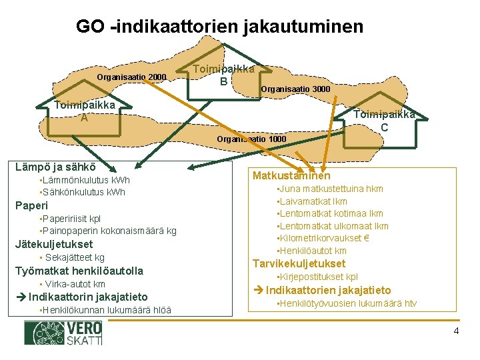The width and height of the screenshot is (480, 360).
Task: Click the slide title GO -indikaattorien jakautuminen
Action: point(219,27)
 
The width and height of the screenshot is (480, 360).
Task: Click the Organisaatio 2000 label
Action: point(131,77)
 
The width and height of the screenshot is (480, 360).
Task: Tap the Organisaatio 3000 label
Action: point(295,89)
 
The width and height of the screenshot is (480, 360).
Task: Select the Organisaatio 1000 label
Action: point(251,139)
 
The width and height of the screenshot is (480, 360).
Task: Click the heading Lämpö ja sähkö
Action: point(55,167)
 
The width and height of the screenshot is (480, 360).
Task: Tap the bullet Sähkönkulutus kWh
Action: point(83,193)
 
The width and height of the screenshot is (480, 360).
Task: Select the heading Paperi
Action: point(32,205)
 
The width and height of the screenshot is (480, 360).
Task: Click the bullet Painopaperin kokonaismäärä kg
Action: point(108,231)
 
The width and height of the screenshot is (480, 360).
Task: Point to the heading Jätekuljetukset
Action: point(54,244)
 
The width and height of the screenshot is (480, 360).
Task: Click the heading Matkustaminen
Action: point(291,176)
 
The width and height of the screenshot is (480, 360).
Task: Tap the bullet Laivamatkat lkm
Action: point(313,201)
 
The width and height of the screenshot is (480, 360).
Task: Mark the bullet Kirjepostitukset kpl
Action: point(319,277)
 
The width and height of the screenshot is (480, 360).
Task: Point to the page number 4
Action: point(456,331)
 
